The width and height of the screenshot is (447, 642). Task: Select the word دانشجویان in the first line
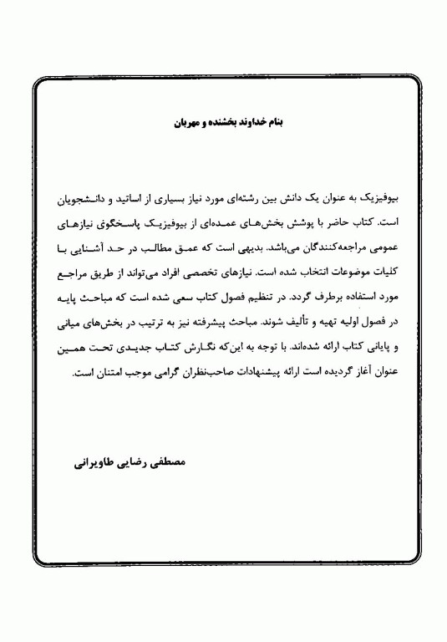pos(101,203)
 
